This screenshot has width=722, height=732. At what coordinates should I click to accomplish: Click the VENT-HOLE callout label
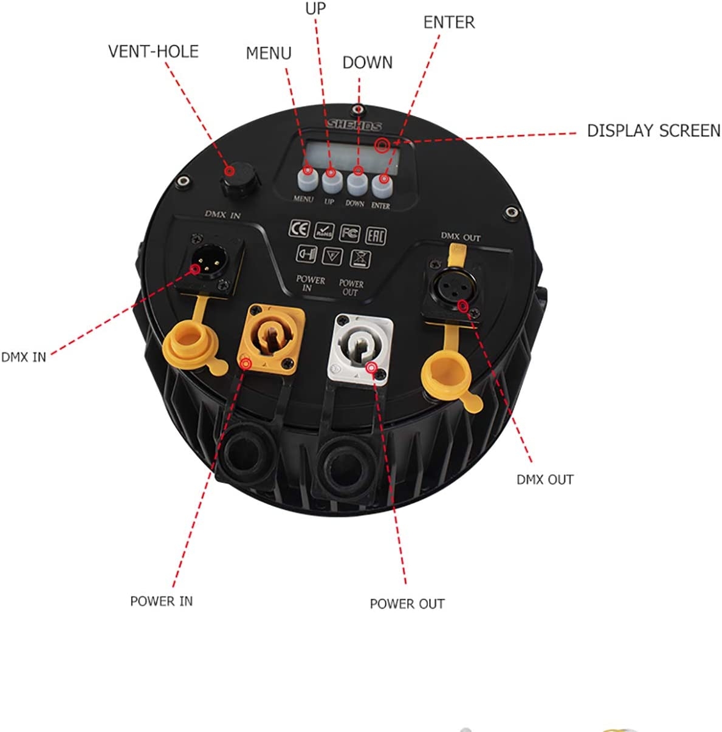[153, 52]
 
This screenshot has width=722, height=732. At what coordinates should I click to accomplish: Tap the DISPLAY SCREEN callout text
[653, 131]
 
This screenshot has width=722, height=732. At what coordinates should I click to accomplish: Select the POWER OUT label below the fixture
[407, 604]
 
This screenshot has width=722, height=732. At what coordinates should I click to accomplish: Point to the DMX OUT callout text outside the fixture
[545, 480]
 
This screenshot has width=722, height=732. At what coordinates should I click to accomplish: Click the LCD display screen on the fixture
[352, 156]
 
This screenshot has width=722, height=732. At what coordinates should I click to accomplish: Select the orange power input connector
[271, 339]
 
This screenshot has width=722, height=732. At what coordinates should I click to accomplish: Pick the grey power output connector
[360, 348]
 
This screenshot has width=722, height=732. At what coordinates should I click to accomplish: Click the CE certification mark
[299, 229]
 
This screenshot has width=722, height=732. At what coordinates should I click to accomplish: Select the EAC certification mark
[376, 236]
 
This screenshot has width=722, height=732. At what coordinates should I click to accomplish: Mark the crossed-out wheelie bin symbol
[360, 259]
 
